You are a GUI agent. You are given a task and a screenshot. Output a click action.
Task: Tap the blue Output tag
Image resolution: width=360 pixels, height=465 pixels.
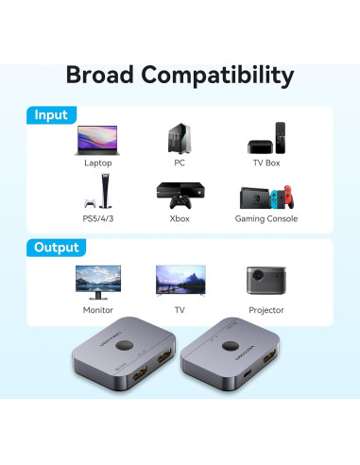[x=57, y=248]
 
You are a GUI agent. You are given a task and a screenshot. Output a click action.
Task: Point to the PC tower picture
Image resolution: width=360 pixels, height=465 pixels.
[x=180, y=140]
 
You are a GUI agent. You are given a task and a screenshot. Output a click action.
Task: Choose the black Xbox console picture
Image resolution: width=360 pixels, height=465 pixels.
[x=180, y=196]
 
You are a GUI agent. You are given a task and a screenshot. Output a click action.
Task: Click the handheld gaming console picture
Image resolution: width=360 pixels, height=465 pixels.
[x=266, y=198]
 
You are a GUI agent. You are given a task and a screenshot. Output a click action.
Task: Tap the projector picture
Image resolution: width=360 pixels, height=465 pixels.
[x=266, y=281]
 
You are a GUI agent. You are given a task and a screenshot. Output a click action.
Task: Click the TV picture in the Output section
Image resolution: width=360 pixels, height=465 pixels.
[x=180, y=281]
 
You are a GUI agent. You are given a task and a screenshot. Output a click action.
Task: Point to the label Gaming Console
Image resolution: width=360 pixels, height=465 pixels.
[x=266, y=218]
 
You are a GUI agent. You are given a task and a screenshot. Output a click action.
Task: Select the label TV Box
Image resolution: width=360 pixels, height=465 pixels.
[x=266, y=163]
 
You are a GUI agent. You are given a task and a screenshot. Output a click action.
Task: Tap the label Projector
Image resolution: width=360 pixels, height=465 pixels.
[x=266, y=309]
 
